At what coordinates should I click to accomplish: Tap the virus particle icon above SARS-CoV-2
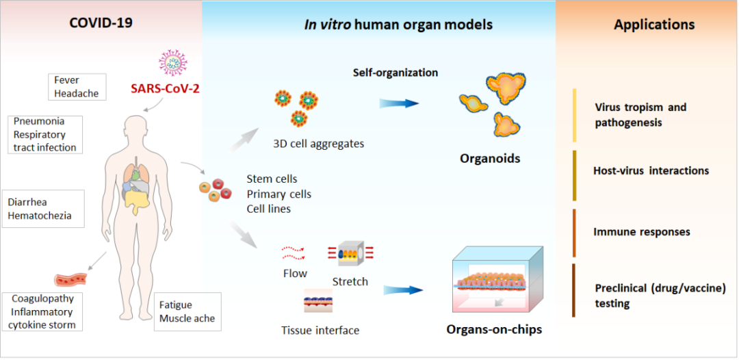tap(173, 62)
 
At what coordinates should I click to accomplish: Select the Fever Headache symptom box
tap(76, 87)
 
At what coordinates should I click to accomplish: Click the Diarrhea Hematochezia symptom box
tap(43, 209)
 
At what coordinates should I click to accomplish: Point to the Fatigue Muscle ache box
tap(187, 311)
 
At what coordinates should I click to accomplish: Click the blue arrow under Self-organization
tap(399, 103)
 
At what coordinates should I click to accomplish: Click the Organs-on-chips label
tap(494, 330)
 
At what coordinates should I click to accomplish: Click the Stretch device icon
tap(350, 255)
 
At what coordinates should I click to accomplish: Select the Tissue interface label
tap(320, 331)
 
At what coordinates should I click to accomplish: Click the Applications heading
tap(654, 25)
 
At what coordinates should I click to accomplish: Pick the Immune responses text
tap(642, 232)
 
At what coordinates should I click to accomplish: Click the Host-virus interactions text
tap(651, 170)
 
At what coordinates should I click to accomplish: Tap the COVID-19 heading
tap(101, 23)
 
